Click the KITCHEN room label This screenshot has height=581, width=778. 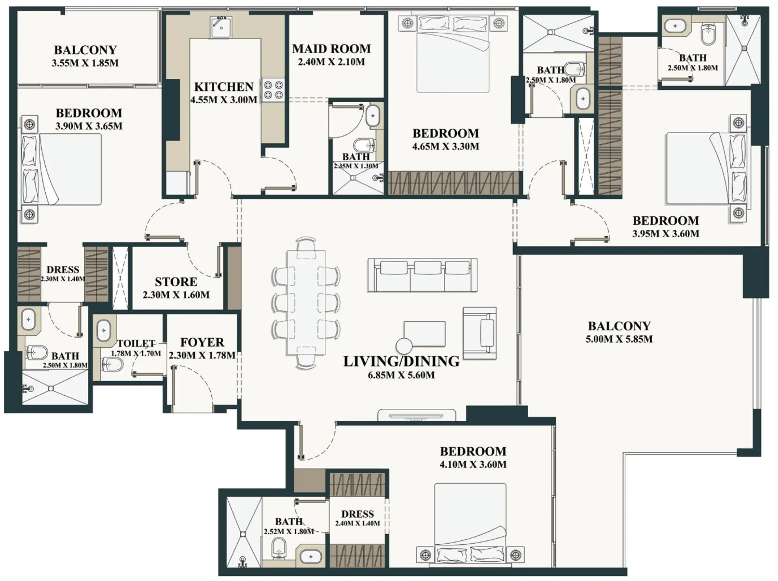(x=224, y=87)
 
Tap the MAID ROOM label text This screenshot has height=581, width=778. (x=331, y=49)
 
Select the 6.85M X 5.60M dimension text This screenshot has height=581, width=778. (x=401, y=375)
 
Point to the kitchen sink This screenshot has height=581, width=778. (x=221, y=27)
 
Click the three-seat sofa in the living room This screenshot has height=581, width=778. (x=422, y=275)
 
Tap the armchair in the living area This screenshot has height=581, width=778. (x=480, y=333)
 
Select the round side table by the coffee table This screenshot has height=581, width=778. (x=404, y=346)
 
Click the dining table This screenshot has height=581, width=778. (x=306, y=302)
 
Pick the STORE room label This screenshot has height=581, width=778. (x=176, y=282)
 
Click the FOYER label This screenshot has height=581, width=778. (x=202, y=342)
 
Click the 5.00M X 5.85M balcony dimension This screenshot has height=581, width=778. (x=619, y=339)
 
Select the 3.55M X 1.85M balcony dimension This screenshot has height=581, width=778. (x=85, y=63)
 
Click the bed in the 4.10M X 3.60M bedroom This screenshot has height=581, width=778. (x=470, y=524)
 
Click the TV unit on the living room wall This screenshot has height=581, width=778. (x=417, y=415)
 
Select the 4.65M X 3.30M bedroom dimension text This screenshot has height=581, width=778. (x=446, y=146)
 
